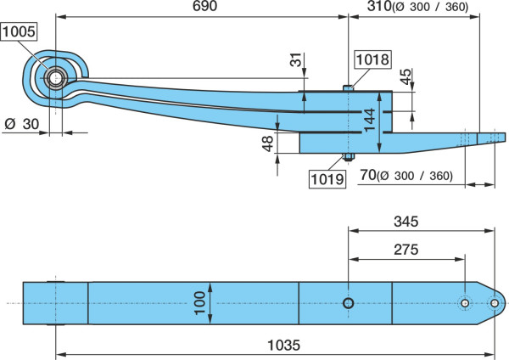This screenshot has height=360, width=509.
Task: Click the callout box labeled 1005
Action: coord(19,31)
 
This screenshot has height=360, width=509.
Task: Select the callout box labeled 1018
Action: coord(372,59)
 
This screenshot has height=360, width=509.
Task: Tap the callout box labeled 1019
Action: coord(327,178)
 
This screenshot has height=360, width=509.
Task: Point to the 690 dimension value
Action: coord(204,6)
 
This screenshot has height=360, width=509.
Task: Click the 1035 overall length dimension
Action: coord(283,345)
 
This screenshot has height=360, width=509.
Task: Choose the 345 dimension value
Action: coord(406,222)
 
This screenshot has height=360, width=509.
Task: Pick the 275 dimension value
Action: coord(406,250)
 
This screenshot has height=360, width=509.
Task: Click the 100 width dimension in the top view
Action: coord(199,303)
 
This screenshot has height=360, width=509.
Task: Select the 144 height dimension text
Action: coord(369,120)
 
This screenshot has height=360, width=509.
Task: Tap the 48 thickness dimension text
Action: coord(268,143)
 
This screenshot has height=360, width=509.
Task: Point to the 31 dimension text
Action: coord(296,59)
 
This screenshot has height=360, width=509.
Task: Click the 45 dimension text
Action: coord(406,76)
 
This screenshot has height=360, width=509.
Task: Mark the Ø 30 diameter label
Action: coord(22,124)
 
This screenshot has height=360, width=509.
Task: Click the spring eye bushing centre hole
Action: coord(56,78)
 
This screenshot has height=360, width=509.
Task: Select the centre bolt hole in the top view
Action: coord(349,303)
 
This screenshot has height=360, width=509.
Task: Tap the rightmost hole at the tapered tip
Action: coord(495,303)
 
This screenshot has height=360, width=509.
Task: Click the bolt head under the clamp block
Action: coord(349,156)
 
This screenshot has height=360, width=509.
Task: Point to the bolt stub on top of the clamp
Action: coord(349,87)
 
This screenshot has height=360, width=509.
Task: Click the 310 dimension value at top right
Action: coord(379,6)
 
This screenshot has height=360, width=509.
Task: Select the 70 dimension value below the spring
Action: coord(368,175)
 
